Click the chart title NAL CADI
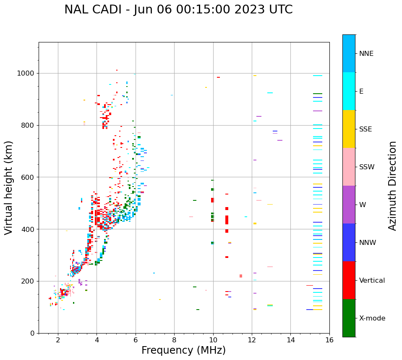[178, 10]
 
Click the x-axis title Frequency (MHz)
[183, 350]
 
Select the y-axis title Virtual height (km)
[9, 187]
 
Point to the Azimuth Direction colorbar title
[392, 186]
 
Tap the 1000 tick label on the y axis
[26, 74]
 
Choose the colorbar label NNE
[366, 54]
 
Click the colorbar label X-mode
[372, 318]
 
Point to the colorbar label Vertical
[372, 281]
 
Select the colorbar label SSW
[367, 167]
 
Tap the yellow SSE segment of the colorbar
[349, 129]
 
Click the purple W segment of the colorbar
[349, 205]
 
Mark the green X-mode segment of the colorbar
[349, 318]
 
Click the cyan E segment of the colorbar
[349, 91]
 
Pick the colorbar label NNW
[368, 243]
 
